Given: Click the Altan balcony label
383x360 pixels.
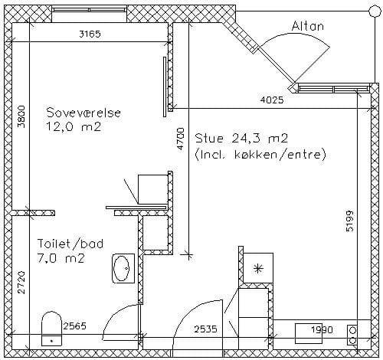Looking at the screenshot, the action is point(308,26).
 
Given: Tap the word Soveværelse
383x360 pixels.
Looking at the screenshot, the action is point(83,113).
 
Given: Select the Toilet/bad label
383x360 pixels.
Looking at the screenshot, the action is point(70,244).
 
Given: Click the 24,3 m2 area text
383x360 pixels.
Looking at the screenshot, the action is point(260,139).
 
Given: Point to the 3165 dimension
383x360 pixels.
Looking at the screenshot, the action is point(90,34).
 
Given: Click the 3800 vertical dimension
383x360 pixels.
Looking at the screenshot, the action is point(21,116).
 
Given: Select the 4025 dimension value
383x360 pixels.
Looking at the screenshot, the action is point(272,100).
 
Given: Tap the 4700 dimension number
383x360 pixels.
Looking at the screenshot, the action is point(181,139).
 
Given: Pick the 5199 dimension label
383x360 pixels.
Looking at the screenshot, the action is point(350,221).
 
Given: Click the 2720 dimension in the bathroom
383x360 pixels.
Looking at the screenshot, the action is point(21,283).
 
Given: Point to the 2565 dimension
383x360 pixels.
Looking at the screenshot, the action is point(75,326).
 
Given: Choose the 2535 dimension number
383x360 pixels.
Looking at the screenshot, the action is point(205,329).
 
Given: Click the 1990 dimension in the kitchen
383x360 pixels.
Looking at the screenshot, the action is point(322,330).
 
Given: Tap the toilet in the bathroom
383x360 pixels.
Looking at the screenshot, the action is point(51,328).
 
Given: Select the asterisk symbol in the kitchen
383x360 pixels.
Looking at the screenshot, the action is point(258,269).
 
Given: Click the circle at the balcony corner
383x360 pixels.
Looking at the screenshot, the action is point(375,11).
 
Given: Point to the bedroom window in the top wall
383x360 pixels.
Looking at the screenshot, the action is point(90,10).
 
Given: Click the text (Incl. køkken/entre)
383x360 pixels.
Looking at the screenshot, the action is point(260,155).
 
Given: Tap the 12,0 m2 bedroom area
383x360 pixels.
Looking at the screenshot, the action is point(74,127).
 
